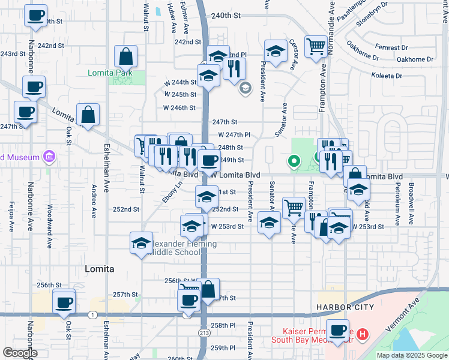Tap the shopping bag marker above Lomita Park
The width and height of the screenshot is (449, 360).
pos(126,56)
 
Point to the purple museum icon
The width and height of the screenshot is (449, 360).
pos(49,158)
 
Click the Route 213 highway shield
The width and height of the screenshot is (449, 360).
pos(203,332)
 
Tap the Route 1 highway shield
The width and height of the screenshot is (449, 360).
pos(92,314)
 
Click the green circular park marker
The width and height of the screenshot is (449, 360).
pos(294,161)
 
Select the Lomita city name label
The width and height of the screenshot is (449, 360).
pos(99,269)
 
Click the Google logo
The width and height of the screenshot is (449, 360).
pos(20,353)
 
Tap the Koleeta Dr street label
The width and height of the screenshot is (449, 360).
pos(387,76)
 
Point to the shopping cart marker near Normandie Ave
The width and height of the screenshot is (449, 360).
pos(315,47)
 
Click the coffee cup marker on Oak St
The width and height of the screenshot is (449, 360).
pos(63,301)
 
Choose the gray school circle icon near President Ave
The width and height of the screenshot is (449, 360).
pos(245,89)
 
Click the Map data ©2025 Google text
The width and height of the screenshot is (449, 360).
pos(412,355)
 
